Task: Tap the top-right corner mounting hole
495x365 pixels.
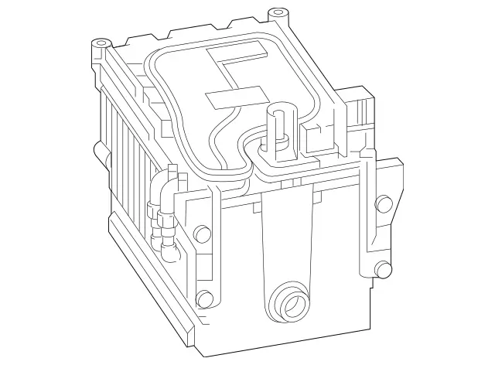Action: [x=276, y=13]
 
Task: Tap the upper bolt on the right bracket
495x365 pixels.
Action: [x=383, y=204]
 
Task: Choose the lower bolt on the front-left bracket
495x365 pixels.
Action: [x=205, y=298]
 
